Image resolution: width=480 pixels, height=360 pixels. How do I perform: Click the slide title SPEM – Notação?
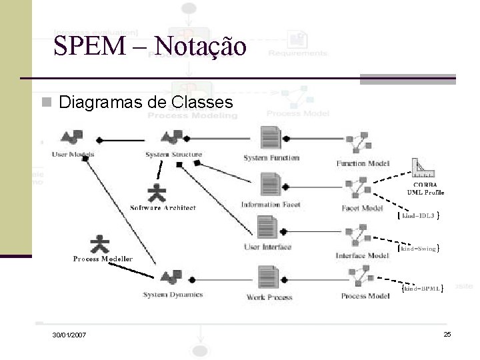(150, 46)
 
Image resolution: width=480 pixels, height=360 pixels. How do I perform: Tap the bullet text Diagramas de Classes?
(145, 102)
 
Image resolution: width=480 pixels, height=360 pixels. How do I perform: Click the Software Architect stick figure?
(157, 193)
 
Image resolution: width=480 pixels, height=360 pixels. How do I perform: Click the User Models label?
(73, 155)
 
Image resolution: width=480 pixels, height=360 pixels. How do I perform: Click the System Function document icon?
(271, 139)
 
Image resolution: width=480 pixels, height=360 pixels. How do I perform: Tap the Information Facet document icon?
(271, 185)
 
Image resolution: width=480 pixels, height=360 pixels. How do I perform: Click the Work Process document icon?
(269, 277)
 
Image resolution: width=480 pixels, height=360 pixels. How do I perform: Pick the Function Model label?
(363, 163)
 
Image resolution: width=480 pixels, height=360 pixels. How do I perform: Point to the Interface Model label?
(362, 255)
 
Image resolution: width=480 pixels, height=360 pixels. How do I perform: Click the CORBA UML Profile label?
(425, 189)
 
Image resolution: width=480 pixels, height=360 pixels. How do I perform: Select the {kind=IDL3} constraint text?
(417, 215)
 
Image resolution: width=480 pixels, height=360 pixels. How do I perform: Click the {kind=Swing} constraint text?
(417, 249)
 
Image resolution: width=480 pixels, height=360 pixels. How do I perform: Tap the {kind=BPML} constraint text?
(422, 289)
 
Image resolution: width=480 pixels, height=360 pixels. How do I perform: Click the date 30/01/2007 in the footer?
(69, 334)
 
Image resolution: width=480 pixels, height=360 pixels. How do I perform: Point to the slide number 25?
(447, 333)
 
